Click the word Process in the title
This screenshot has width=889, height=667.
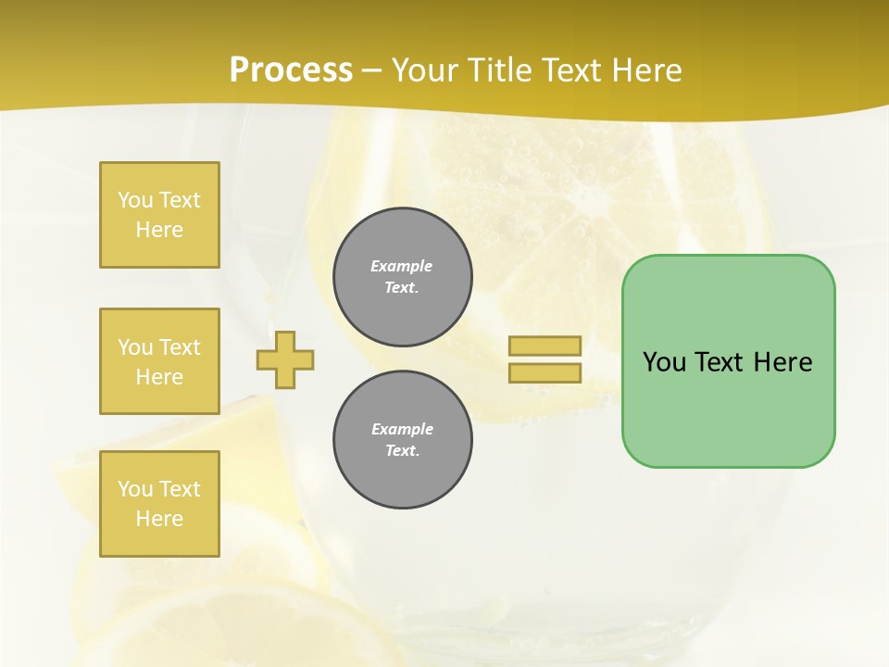coord(291,70)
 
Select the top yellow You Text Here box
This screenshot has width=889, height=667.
coord(159,215)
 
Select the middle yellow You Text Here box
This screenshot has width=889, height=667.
coord(159,361)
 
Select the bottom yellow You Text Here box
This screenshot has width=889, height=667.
coord(159,504)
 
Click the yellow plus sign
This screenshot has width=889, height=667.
coord(285,359)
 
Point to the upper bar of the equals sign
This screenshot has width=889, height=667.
coord(545,346)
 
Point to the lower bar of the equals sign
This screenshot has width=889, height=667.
coord(545,373)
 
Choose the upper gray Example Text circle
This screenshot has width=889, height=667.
coord(403,277)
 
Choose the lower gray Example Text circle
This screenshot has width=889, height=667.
coord(403,440)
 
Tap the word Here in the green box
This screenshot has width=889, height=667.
coord(783,362)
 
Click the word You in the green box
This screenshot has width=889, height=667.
coord(663,362)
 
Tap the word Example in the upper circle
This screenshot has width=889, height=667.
coord(401,266)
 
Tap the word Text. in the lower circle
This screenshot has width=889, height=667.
coord(402,451)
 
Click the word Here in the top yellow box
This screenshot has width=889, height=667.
coord(159,230)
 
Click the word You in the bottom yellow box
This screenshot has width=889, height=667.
coord(135,489)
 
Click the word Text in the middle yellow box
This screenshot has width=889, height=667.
coord(180,347)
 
